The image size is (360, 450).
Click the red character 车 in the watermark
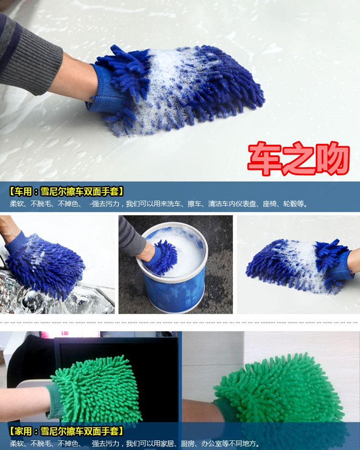click(x=264, y=158)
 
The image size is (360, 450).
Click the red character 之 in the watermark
click(x=299, y=158)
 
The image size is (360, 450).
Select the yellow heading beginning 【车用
click(x=66, y=191)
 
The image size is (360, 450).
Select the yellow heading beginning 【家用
click(x=66, y=431)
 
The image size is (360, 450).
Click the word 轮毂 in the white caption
click(x=290, y=204)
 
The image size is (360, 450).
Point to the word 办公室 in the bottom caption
click(x=211, y=443)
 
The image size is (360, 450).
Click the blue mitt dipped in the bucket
click(x=163, y=257)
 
